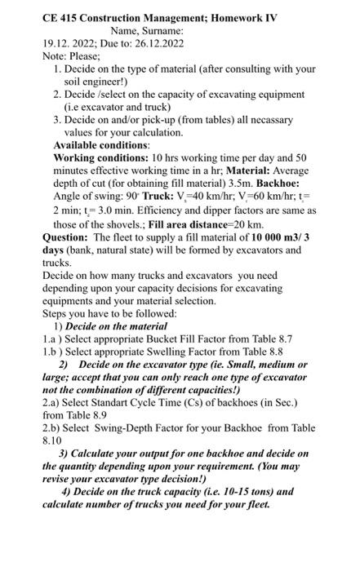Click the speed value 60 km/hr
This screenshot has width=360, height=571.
[273, 197]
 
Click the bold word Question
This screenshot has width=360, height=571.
[65, 237]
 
